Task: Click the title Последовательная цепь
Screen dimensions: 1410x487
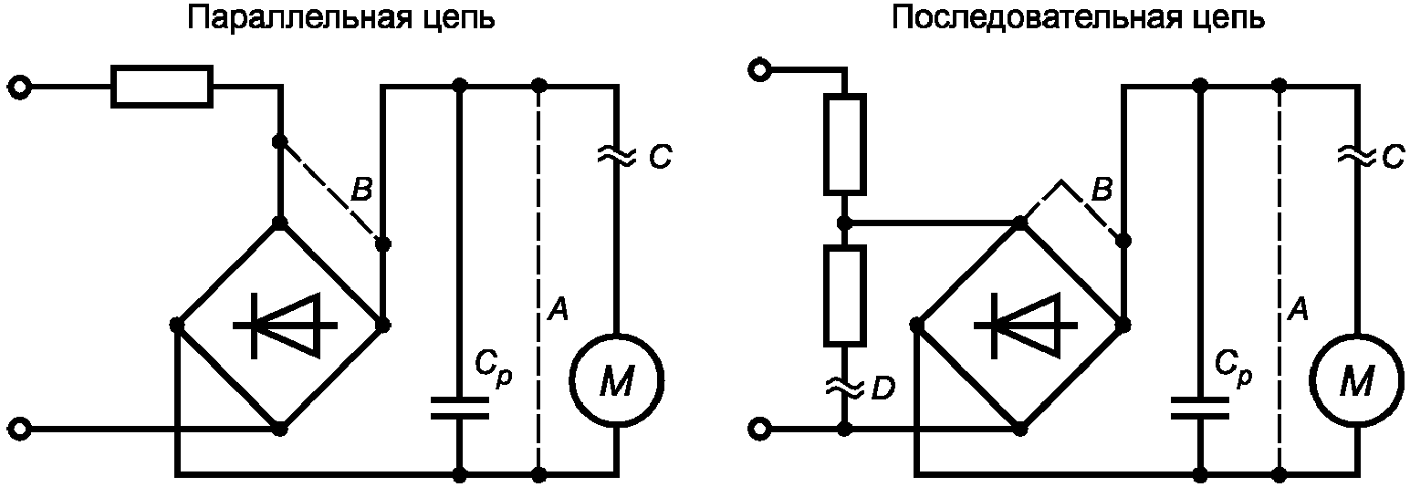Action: point(1079,19)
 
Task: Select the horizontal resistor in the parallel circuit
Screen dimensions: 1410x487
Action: point(162,87)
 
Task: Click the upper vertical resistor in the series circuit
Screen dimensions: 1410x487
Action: point(845,143)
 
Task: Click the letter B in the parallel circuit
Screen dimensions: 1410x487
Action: point(361,189)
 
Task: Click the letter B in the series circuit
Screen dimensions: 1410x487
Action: point(1102,189)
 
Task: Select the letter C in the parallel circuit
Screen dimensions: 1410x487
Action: point(660,157)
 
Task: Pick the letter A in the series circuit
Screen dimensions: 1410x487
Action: point(1298,308)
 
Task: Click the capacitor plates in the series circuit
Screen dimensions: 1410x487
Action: point(1200,407)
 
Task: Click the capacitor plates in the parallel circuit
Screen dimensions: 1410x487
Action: point(460,407)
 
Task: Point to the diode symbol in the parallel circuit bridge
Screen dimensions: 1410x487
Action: point(285,326)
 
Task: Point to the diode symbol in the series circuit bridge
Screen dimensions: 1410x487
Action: point(1025,326)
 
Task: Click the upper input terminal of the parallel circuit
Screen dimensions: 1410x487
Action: point(21,87)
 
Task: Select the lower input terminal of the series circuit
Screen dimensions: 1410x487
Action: point(760,430)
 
